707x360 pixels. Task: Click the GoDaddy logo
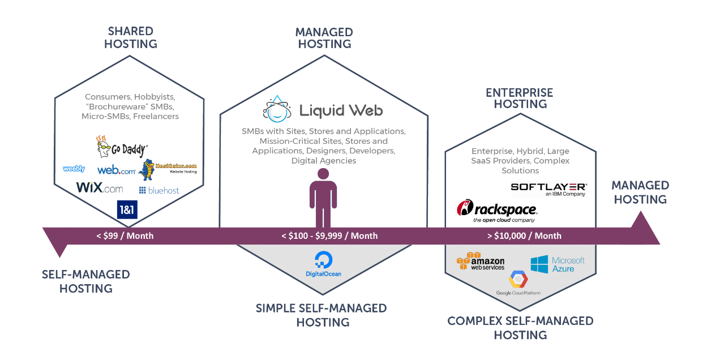coord(122,147)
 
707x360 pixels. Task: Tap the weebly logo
coord(74,169)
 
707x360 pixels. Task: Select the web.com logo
coord(116,170)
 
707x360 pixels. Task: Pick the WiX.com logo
coord(100,188)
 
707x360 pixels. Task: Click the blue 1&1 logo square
coord(127,209)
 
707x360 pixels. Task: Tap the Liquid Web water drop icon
coord(277,109)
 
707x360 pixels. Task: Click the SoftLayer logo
coord(548,189)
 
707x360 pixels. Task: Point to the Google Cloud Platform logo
coord(518,283)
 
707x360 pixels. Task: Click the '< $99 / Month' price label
coord(125,235)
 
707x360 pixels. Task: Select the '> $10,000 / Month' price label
coord(524,235)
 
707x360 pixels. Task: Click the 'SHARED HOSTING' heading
coord(131,37)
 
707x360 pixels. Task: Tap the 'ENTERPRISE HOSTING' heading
coord(520,98)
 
